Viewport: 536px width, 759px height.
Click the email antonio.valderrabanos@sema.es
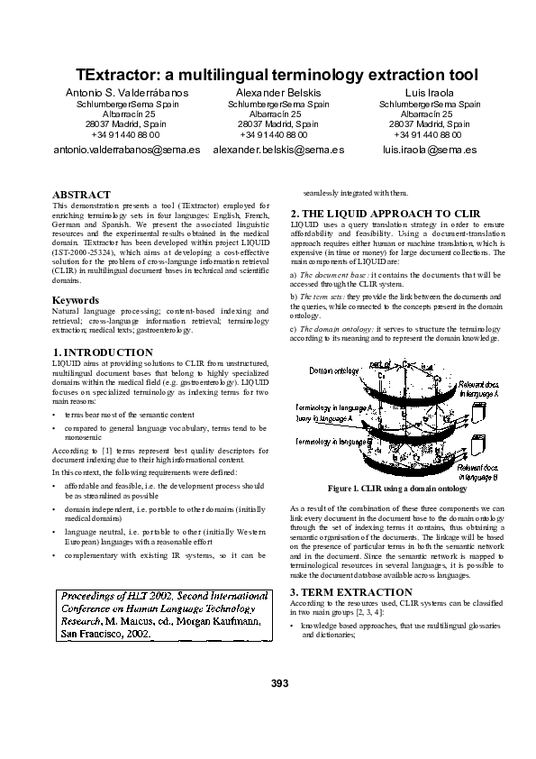[x=127, y=150]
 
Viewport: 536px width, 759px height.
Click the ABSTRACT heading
[x=81, y=195]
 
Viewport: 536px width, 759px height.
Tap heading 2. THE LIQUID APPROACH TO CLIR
[x=390, y=214]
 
